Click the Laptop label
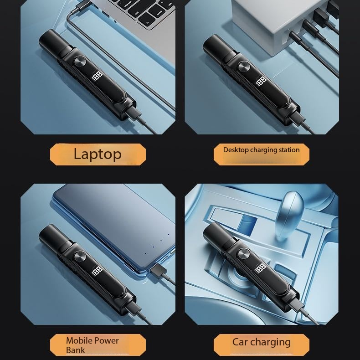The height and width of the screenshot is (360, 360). click(x=98, y=154)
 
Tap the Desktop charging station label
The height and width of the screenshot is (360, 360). click(x=261, y=150)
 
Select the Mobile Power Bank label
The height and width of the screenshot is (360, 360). click(x=93, y=345)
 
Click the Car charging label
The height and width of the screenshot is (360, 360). click(x=261, y=342)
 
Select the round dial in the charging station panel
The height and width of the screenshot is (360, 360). click(x=244, y=67)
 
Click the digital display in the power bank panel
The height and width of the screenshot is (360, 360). click(x=97, y=272)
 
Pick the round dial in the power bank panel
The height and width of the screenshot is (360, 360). click(x=80, y=257)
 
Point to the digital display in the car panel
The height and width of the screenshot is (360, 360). click(x=261, y=268)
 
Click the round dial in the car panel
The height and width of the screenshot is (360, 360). click(x=244, y=254)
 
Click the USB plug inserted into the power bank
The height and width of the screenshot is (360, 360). click(x=159, y=270)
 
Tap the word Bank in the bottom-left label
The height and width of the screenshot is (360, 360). click(x=75, y=350)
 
